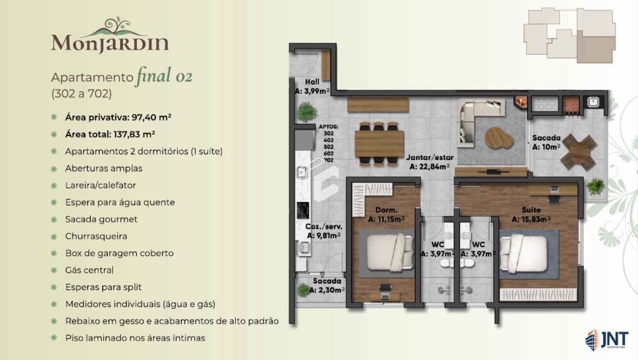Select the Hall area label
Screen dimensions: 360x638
(x=312, y=86)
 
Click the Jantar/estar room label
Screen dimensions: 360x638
(x=429, y=162)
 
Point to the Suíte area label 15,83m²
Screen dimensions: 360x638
(x=531, y=214)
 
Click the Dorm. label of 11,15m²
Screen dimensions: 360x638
(x=387, y=215)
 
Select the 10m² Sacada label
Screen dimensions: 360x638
(x=547, y=142)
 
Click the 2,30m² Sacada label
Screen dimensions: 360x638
(x=327, y=285)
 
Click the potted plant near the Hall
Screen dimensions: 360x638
(x=307, y=112)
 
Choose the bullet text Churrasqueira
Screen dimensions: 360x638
(x=96, y=236)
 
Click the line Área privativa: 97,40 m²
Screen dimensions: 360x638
(x=118, y=117)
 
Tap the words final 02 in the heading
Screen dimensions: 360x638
(x=163, y=76)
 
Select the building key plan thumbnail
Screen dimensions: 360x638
(x=569, y=36)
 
